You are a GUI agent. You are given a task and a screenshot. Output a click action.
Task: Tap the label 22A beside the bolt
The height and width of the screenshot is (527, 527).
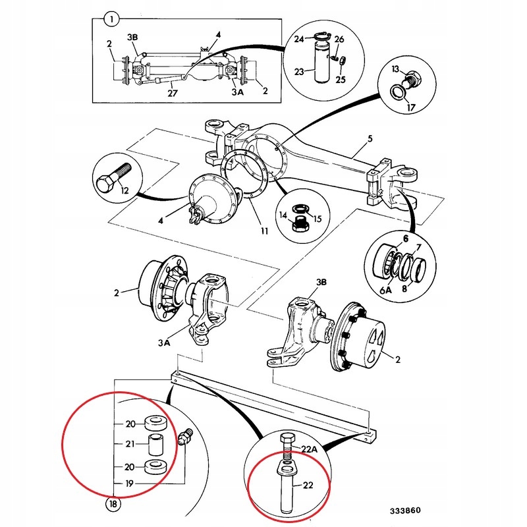(x=310, y=449)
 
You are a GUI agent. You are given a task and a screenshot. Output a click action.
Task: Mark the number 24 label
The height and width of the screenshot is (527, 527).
(x=298, y=39)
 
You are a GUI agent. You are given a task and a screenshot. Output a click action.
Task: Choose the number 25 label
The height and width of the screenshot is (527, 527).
(x=341, y=79)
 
